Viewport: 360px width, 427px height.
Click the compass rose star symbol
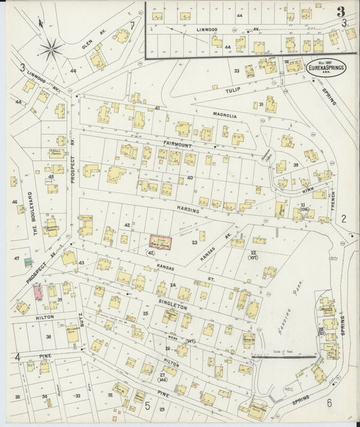(51, 48)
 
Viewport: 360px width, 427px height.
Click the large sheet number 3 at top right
(342, 11)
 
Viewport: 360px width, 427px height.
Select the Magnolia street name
(224, 116)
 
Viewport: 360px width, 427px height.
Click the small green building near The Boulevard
(28, 261)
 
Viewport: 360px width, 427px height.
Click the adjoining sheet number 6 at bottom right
(329, 403)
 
